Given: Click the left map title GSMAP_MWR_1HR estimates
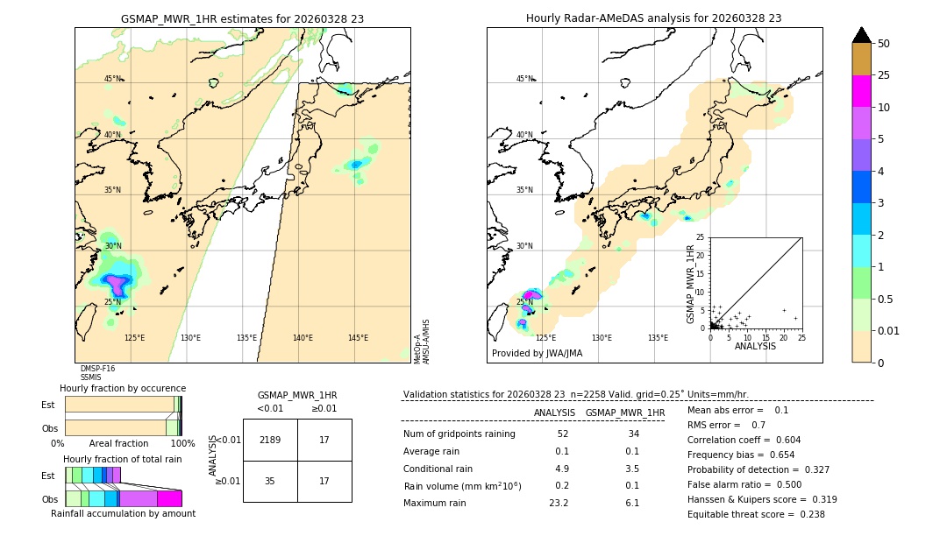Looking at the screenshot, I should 242,18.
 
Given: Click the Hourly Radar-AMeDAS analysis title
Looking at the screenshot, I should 653,18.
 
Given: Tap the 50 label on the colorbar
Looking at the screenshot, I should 884,43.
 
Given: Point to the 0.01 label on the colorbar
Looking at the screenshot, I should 889,330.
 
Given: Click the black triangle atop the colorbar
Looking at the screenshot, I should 862,35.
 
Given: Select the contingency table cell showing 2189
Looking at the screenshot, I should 270,440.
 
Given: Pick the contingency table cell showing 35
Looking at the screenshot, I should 270,481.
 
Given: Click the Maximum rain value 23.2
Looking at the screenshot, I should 559,503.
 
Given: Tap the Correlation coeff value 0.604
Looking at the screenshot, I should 780,440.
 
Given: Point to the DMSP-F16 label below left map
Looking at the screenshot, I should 96,369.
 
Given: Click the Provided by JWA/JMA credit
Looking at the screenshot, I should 537,353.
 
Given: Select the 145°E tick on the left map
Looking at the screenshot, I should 358,338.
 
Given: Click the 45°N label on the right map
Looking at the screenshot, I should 524,79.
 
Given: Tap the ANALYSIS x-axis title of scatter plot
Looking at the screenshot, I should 755,346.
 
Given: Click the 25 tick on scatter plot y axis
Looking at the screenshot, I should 701,237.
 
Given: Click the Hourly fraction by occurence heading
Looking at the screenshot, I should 123,388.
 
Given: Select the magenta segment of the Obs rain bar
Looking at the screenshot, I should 169,498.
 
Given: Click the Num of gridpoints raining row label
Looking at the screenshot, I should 459,434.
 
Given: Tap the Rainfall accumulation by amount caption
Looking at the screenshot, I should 123,513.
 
